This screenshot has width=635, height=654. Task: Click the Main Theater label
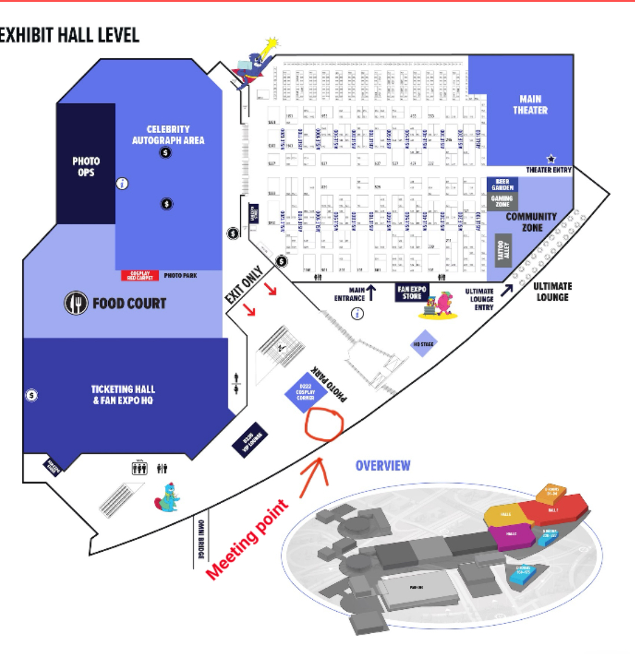point(530,105)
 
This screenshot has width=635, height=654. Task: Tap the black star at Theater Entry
point(551,158)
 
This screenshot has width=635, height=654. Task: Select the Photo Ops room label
point(86,167)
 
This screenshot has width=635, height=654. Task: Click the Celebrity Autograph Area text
point(168,135)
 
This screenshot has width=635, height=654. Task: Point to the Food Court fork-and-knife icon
point(76,303)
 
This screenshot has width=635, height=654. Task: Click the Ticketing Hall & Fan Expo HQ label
point(123,394)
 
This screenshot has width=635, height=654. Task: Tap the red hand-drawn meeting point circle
point(324,425)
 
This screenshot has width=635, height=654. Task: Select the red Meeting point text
point(247,540)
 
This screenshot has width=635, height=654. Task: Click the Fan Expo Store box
point(412,292)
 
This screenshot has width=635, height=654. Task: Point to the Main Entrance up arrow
point(371,293)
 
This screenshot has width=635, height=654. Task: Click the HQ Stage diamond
point(424,344)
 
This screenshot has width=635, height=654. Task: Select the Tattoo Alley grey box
point(503,250)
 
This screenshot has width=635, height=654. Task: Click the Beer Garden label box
point(502,184)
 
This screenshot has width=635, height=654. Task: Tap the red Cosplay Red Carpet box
point(140,276)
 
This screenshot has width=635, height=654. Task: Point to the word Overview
point(383,465)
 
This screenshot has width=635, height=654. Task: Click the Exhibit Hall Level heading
point(69,35)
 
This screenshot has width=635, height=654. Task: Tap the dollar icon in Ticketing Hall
point(32,396)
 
